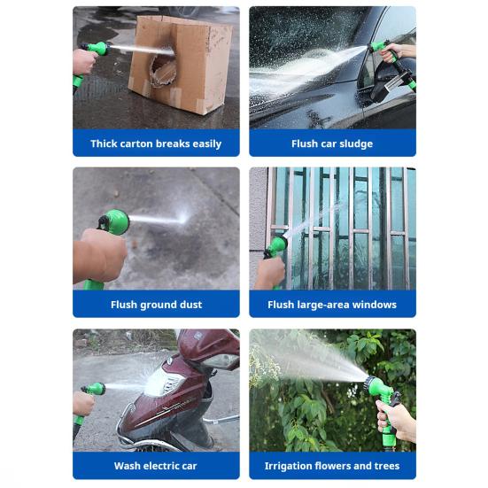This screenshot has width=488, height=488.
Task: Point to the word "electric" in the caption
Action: click(159, 466)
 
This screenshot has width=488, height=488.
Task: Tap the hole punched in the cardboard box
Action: click(162, 73)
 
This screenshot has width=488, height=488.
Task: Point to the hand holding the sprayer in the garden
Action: click(395, 418)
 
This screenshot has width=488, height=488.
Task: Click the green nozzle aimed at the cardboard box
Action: click(99, 48)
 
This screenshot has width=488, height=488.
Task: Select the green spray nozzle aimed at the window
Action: click(275, 244)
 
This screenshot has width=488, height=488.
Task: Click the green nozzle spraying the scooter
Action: click(96, 389)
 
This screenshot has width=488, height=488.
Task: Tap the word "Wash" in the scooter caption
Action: click(126, 466)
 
